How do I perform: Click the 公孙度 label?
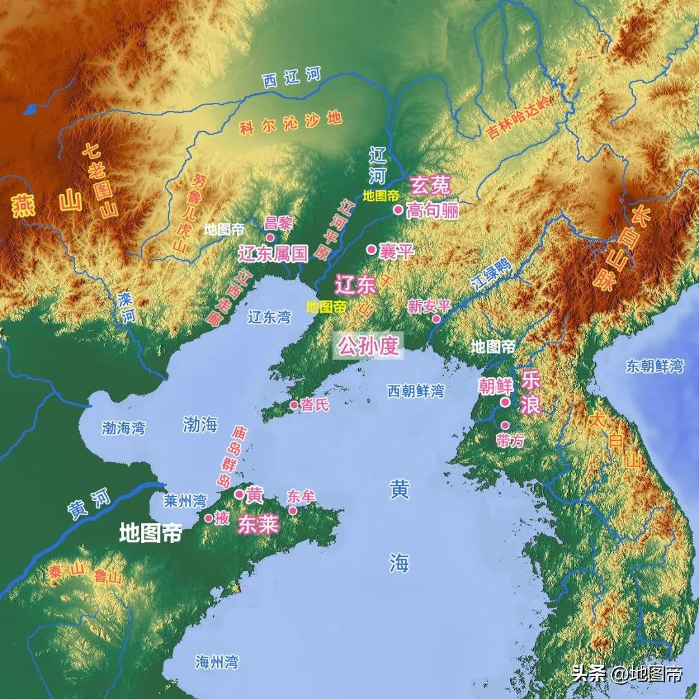[368, 346]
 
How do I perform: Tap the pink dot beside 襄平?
[372, 249]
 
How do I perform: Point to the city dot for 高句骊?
[398, 210]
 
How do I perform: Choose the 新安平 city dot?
[437, 319]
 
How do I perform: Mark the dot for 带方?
[505, 425]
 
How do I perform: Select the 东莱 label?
[258, 524]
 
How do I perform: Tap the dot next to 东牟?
[293, 511]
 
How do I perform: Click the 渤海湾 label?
[124, 428]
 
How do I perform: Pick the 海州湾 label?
[217, 661]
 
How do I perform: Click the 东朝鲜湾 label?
[654, 366]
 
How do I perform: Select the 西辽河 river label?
[291, 78]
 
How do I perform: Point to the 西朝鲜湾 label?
[416, 391]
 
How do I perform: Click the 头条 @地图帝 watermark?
[626, 674]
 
